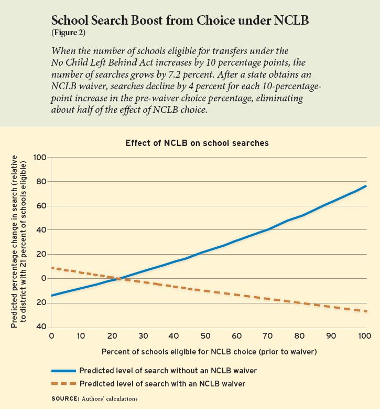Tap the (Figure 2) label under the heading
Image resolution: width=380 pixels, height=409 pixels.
click(x=68, y=33)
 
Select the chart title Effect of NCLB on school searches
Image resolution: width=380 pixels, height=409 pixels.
click(x=197, y=143)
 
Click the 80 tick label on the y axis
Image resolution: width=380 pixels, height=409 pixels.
click(x=41, y=181)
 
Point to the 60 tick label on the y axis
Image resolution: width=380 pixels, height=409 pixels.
click(x=41, y=205)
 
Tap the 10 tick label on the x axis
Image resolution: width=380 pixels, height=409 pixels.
click(x=81, y=335)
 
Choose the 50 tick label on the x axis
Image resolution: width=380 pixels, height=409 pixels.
click(x=205, y=335)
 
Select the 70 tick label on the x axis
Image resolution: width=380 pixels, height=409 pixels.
click(x=267, y=335)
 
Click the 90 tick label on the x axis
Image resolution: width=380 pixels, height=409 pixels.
click(x=331, y=335)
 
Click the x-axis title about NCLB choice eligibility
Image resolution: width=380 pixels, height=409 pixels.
click(x=209, y=352)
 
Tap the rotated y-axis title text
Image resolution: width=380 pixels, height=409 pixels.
click(x=19, y=242)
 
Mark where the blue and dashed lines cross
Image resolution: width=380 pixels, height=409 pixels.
click(x=120, y=279)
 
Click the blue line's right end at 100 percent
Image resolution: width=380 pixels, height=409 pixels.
click(x=366, y=186)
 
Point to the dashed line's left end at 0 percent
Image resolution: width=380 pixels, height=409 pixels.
click(x=52, y=268)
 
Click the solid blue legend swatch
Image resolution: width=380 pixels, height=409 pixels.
click(x=64, y=371)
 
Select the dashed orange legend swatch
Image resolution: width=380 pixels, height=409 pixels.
click(x=64, y=383)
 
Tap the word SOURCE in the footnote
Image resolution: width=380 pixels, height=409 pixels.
click(x=66, y=398)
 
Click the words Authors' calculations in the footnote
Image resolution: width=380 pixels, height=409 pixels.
click(x=110, y=398)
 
